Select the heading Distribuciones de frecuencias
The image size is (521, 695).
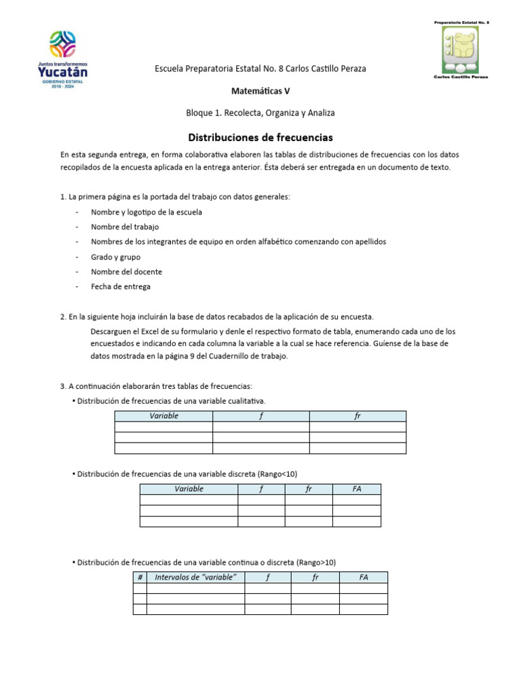tap(260, 137)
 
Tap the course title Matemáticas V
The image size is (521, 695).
tap(260, 90)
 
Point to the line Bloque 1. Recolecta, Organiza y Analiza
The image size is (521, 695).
tap(260, 113)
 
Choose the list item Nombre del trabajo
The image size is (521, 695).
tap(125, 227)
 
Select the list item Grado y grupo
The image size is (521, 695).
tap(116, 257)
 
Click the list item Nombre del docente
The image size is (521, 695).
tap(126, 271)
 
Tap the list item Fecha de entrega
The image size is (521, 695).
tap(121, 286)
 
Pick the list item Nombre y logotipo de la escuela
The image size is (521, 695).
tap(147, 212)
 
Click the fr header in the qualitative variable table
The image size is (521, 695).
tap(358, 416)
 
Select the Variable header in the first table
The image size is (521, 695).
tap(163, 416)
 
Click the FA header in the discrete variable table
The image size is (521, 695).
tap(356, 489)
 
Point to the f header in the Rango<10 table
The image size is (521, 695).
tap(261, 489)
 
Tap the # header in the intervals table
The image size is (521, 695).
tap(140, 577)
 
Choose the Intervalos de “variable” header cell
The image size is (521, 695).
tap(195, 577)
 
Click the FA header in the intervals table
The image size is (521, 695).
tap(364, 577)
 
